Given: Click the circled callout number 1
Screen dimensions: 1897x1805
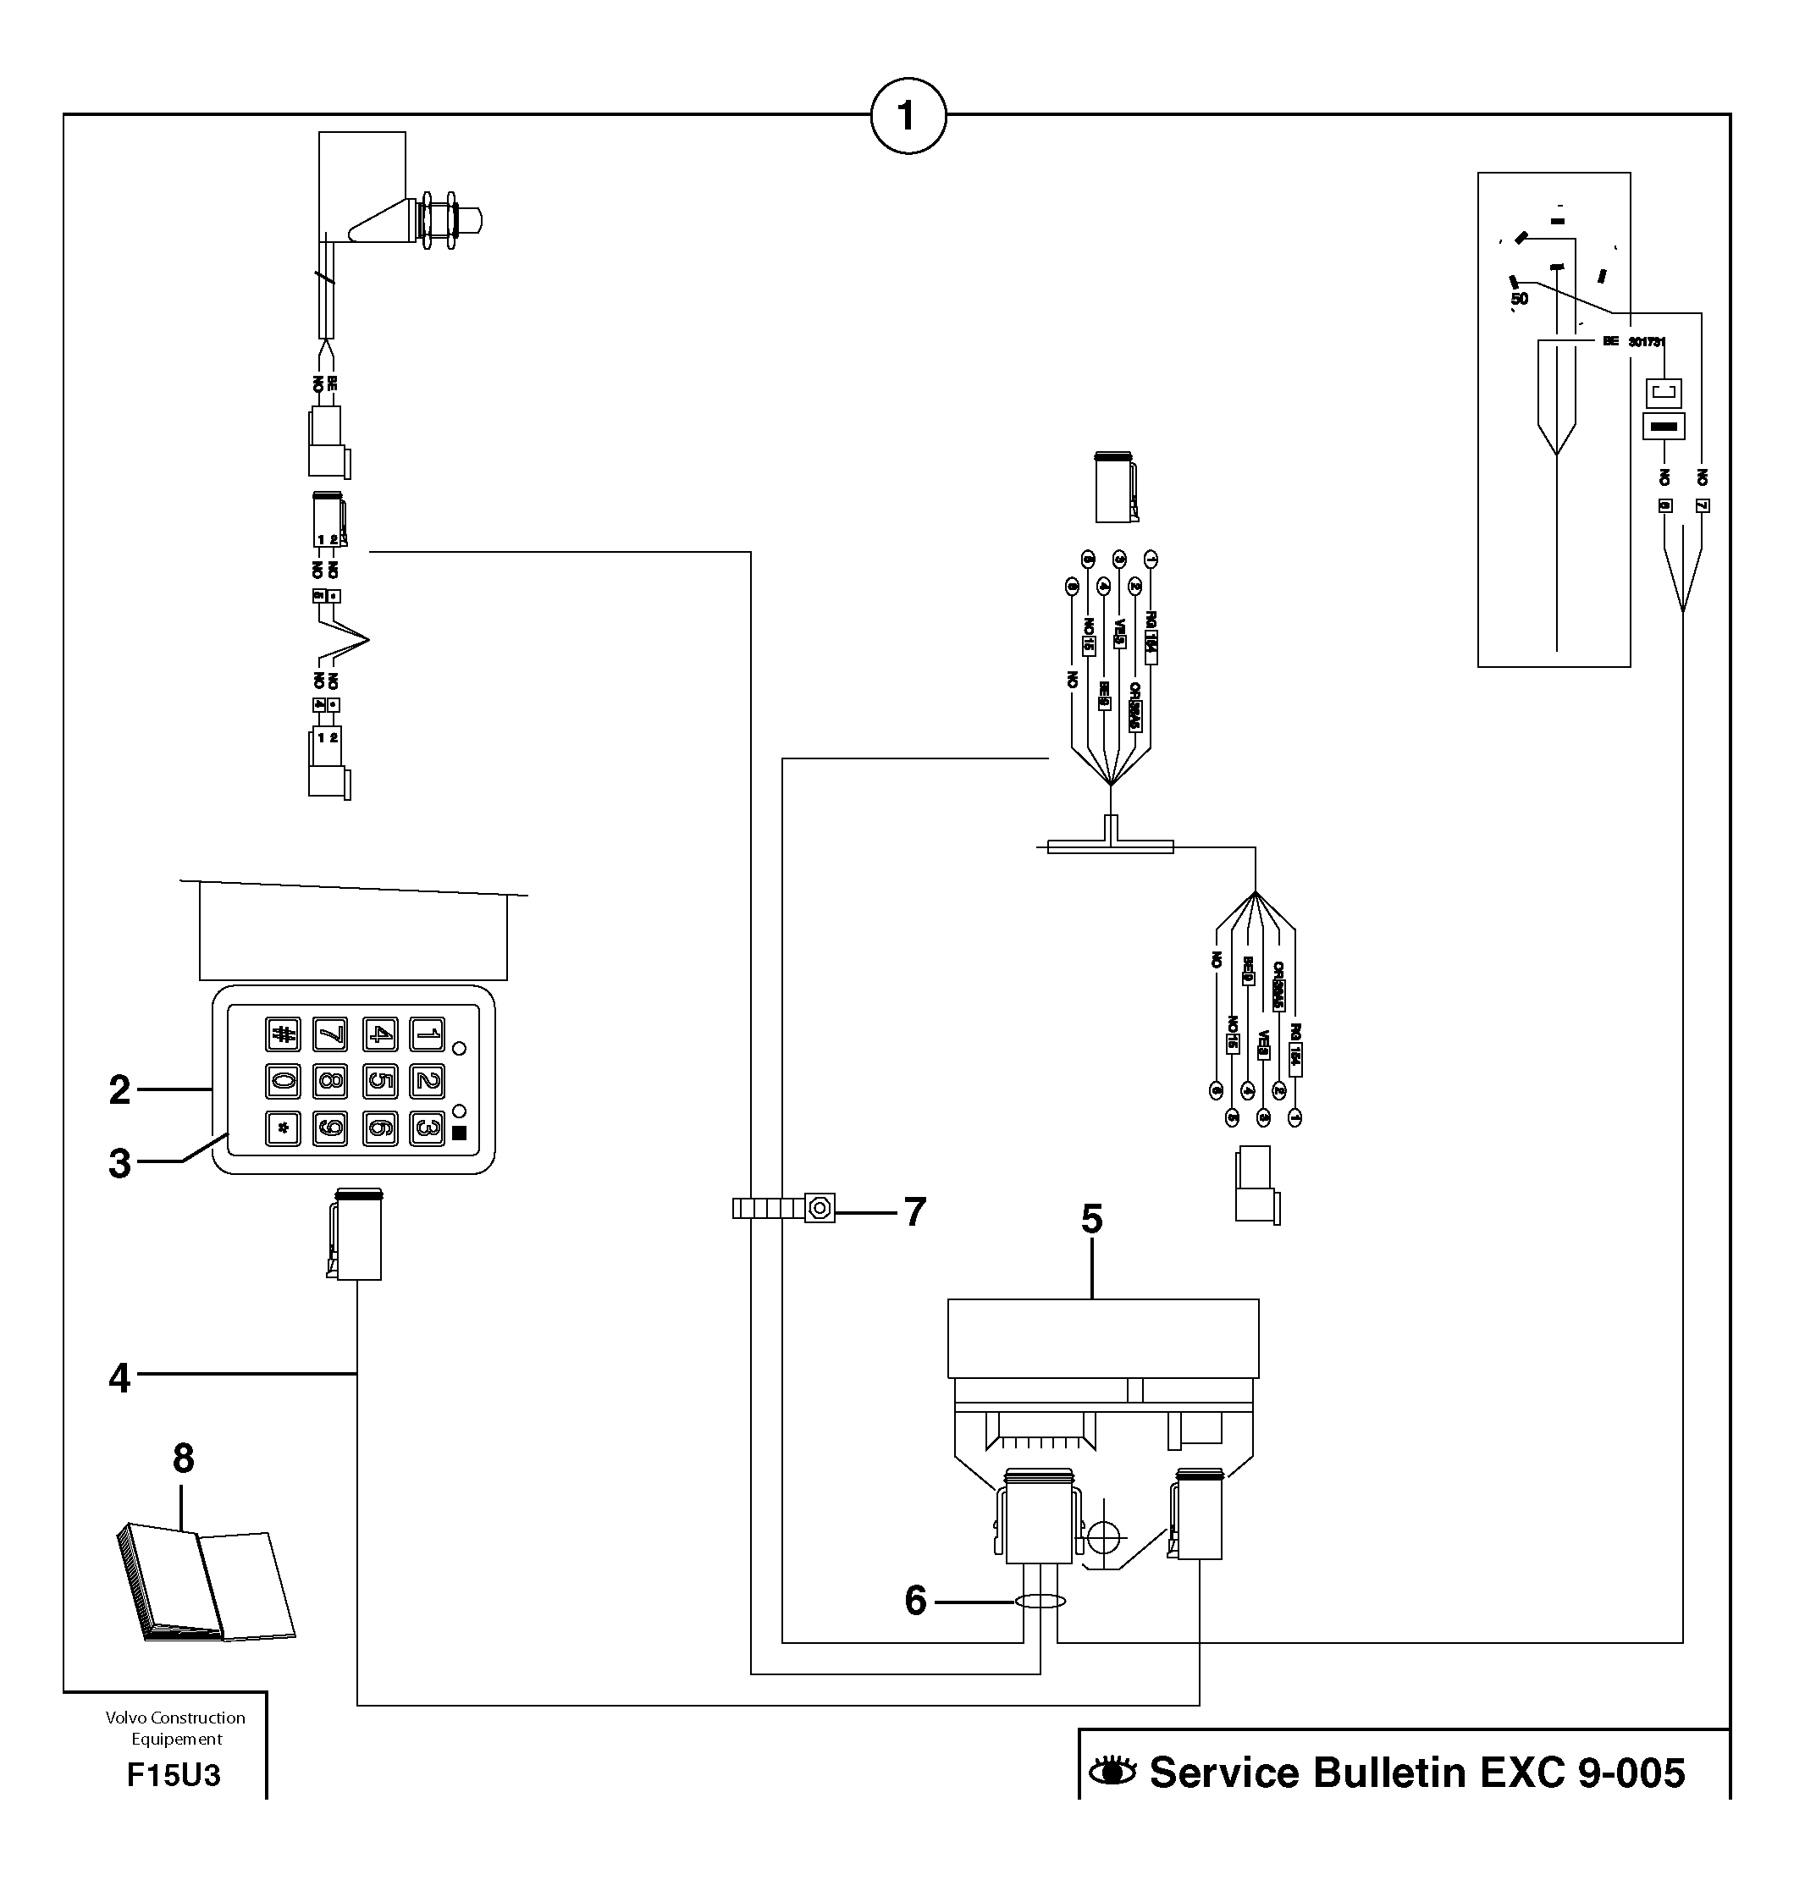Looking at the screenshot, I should click(908, 117).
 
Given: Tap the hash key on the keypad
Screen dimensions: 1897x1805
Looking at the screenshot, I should click(283, 1035).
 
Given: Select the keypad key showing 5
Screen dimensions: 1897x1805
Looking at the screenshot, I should click(379, 1081).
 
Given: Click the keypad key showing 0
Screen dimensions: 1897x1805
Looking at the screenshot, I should click(283, 1081).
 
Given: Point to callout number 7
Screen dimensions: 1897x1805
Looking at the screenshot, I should click(914, 1212).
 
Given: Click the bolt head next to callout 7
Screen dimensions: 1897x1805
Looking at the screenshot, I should click(820, 1207).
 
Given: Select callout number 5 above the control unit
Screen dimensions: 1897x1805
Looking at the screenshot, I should click(1091, 1219).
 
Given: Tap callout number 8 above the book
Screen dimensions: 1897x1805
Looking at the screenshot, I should click(183, 1459).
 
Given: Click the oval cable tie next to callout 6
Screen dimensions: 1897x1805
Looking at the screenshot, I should click(1040, 1602).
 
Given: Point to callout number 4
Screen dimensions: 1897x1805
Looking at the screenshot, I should click(119, 1377).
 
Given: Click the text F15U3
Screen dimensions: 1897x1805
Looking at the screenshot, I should click(174, 1775).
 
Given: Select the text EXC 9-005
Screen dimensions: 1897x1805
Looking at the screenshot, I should click(1581, 1773).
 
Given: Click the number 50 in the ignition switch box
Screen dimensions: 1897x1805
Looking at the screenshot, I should click(1519, 299).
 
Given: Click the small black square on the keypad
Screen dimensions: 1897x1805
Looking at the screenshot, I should click(459, 1133).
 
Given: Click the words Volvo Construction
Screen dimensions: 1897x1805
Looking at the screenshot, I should click(175, 1718).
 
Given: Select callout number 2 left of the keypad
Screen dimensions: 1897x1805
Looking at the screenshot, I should click(119, 1090).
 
